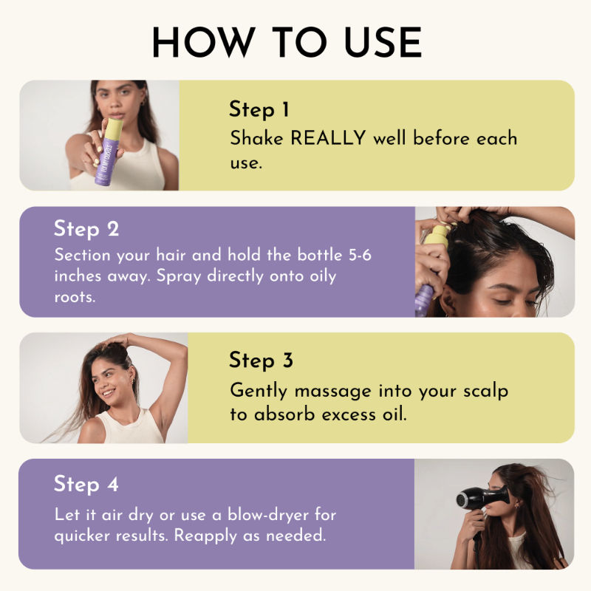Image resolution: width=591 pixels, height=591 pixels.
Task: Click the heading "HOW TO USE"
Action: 287,42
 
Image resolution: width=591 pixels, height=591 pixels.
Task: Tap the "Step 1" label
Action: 259,109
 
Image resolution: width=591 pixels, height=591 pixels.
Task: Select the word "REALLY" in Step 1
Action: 328,137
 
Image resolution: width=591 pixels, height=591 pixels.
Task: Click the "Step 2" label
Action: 86,229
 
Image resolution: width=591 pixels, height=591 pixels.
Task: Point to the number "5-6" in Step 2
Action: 360,255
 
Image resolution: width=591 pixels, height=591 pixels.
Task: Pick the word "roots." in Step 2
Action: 75,298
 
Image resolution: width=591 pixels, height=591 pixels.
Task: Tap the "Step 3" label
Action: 261,360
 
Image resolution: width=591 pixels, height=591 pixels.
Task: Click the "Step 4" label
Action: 86,484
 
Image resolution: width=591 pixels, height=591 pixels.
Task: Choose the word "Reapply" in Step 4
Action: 205,536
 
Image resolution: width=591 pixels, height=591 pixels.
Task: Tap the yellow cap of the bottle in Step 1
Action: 114,129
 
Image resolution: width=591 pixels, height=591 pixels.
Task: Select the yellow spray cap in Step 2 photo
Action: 437,236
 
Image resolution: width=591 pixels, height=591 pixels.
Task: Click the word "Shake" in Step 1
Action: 256,138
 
